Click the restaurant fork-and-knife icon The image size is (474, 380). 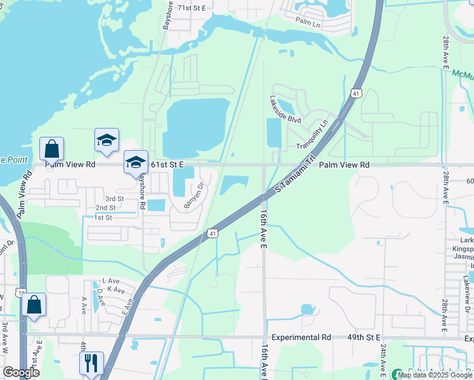pos(91,363)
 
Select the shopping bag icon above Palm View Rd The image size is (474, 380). pos(51,149)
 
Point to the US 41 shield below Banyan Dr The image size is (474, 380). pos(212,234)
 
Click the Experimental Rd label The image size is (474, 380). pos(301,338)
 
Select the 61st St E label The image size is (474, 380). pos(167,165)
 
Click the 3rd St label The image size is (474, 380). pos(115,198)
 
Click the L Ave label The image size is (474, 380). pos(112,281)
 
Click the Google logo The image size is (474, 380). pos(21,372)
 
